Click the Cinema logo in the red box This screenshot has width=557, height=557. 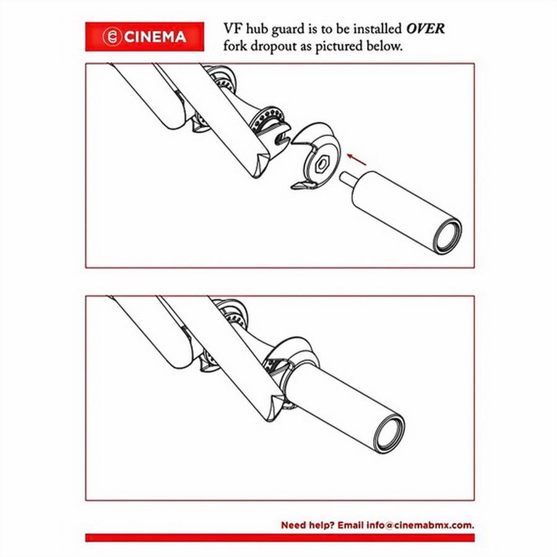[x=144, y=37]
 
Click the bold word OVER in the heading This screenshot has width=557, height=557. [x=425, y=29]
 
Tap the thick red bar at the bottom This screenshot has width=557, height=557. [x=280, y=538]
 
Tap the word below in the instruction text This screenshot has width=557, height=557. [x=387, y=47]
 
